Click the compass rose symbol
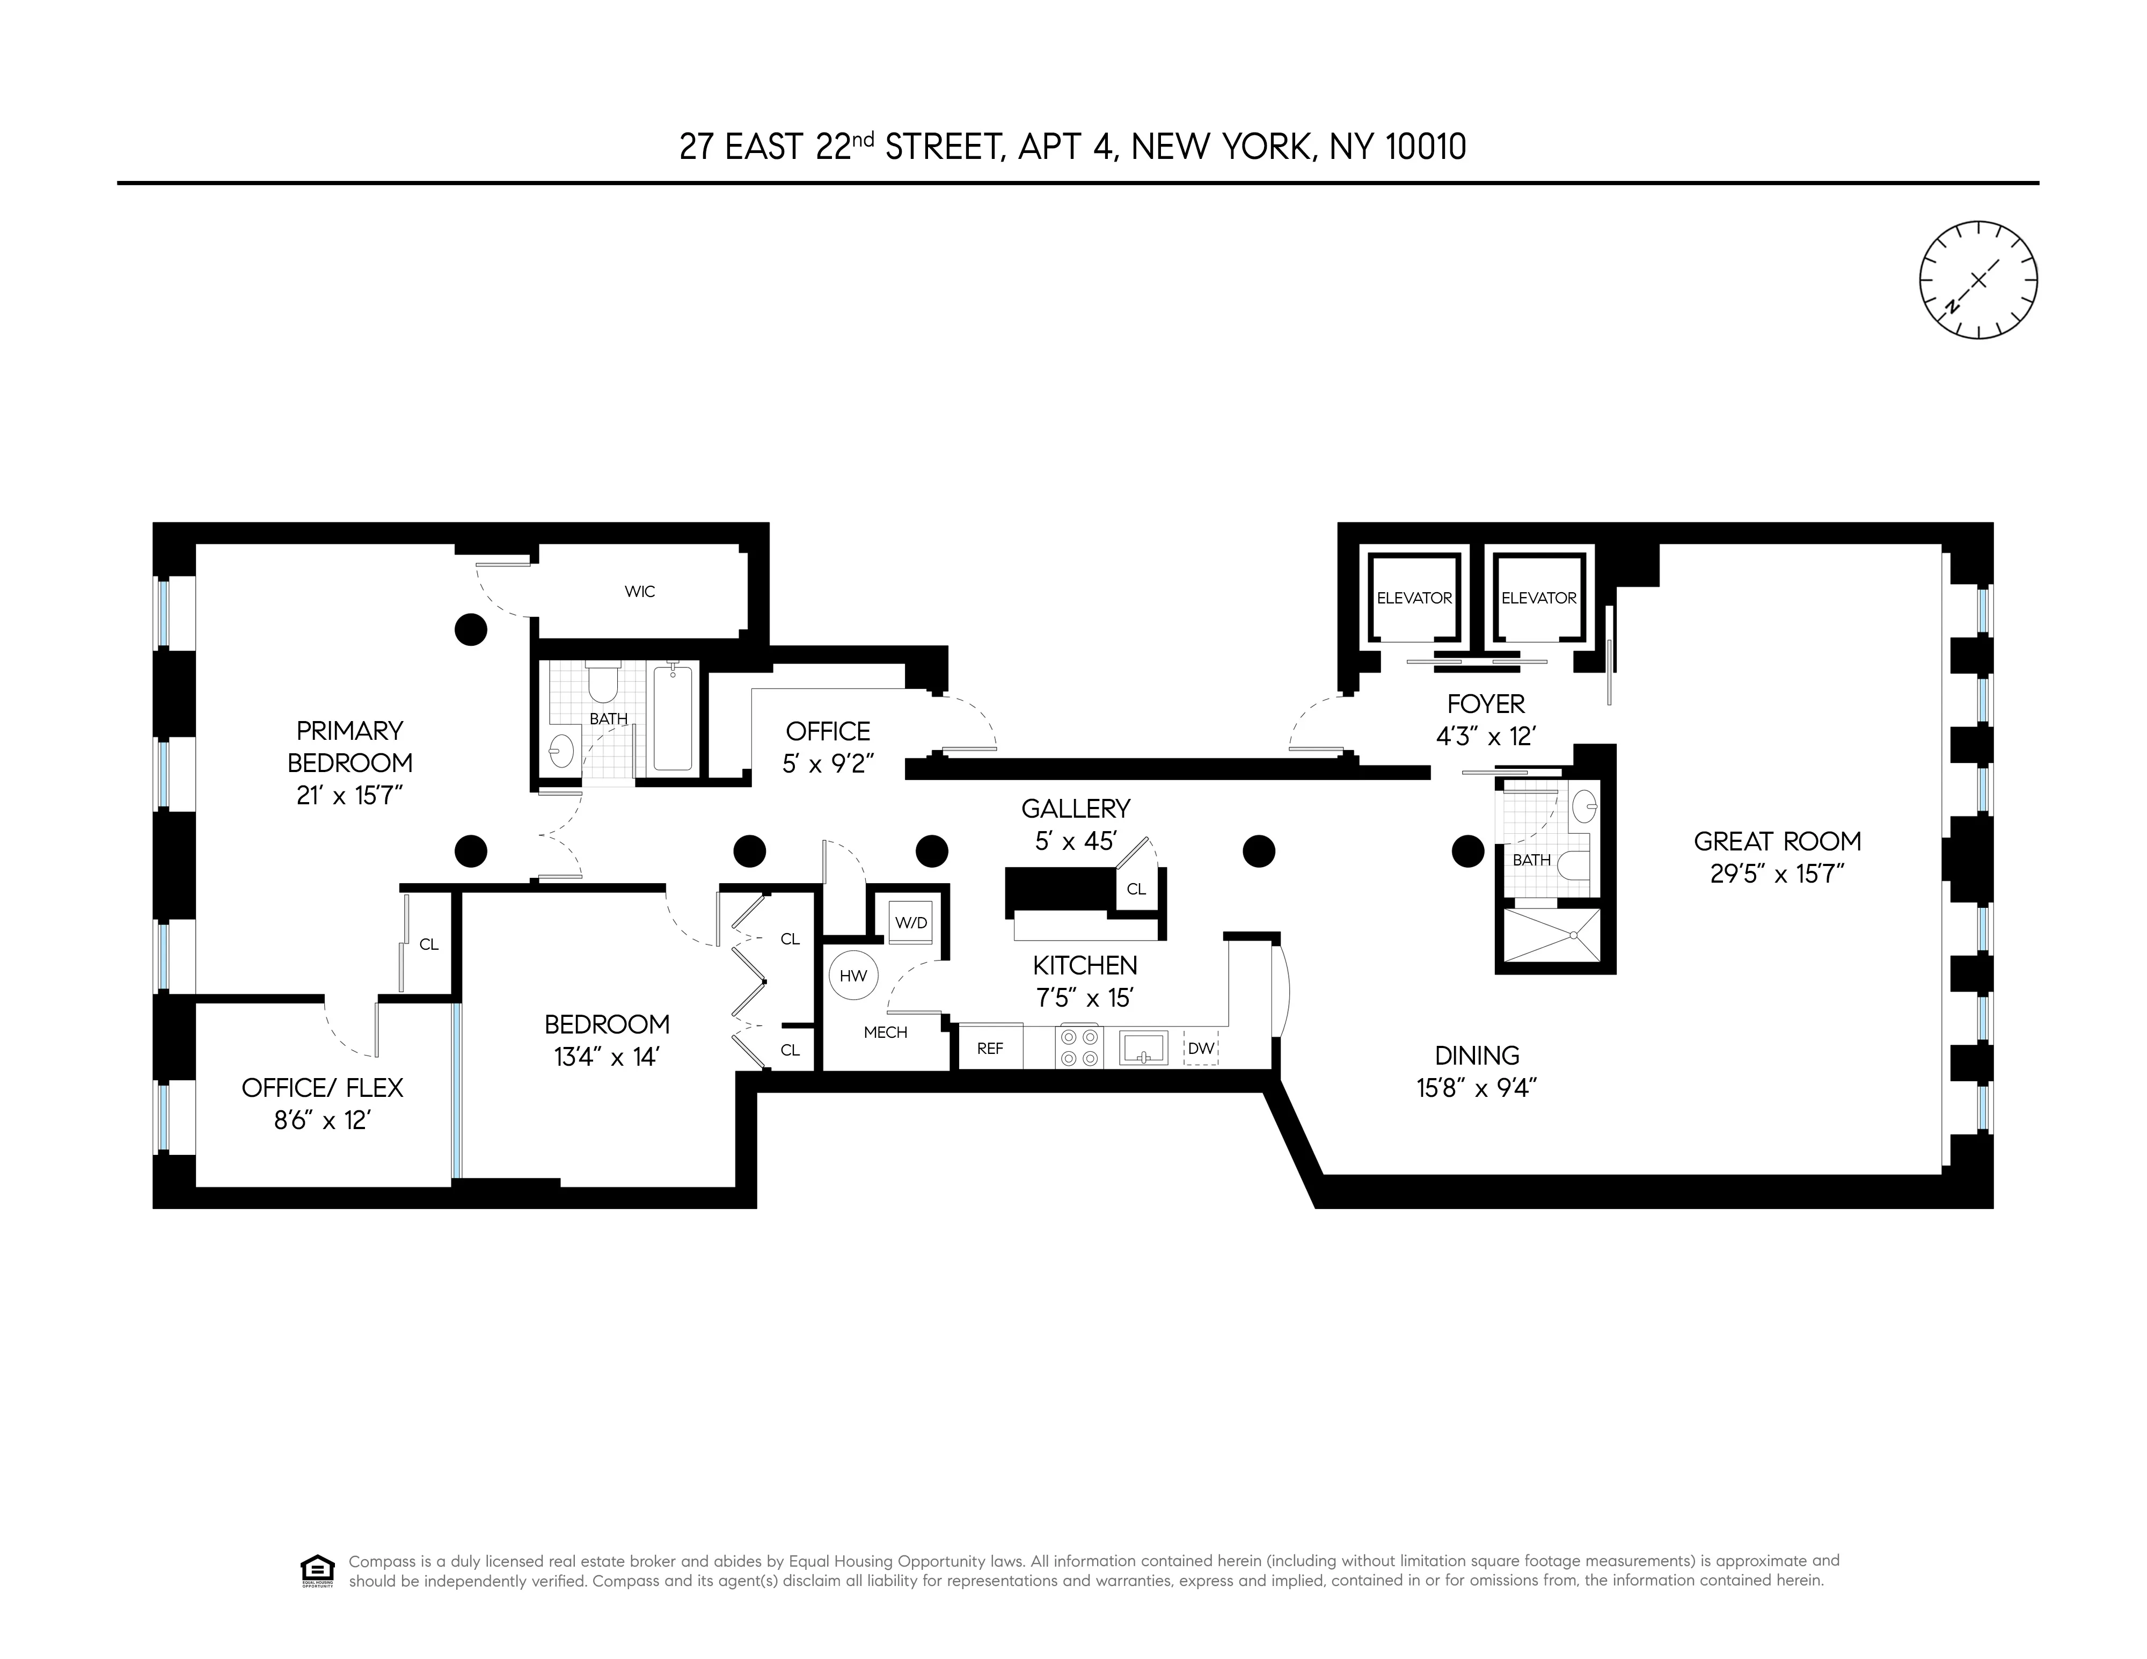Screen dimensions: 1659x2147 tap(1978, 280)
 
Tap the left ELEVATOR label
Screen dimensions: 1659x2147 tap(1414, 598)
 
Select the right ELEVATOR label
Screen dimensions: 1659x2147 tap(1538, 598)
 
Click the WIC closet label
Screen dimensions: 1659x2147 tap(639, 591)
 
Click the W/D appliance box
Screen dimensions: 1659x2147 tap(910, 923)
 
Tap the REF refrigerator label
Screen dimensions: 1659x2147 tap(990, 1049)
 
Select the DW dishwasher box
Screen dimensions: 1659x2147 tap(1200, 1049)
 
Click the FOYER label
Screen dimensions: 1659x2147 tap(1485, 704)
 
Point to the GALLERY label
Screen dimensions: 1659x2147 tap(1076, 809)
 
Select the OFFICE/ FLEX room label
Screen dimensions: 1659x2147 tap(323, 1088)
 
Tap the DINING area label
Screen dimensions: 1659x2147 tap(1477, 1055)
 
